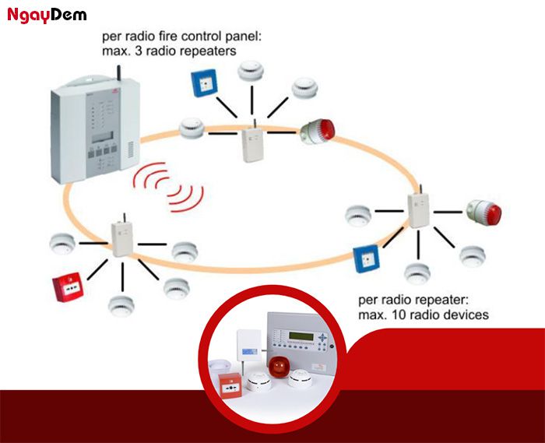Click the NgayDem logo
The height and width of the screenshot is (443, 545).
click(47, 15)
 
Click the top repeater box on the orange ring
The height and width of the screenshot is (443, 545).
click(251, 143)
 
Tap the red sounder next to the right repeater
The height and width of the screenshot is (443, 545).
click(485, 211)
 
